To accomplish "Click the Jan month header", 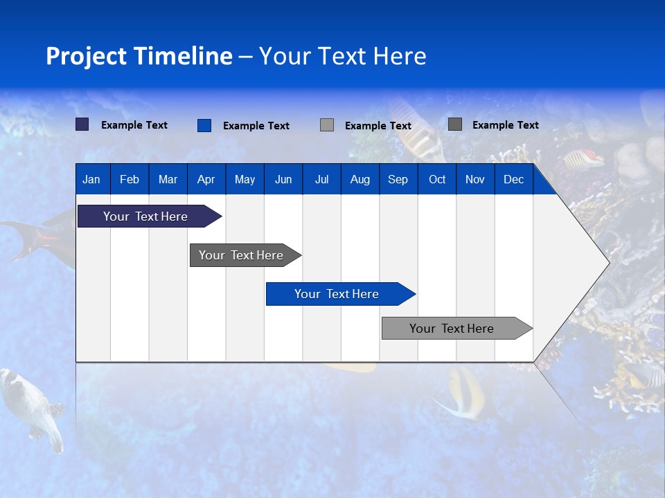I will tap(91, 180).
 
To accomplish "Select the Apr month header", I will tap(206, 180).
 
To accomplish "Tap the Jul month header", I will tap(321, 180).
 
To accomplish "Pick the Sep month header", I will tap(398, 180).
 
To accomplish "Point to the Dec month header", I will tap(513, 180).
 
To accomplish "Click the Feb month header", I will tap(130, 180).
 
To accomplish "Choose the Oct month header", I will tap(437, 180).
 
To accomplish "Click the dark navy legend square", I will tap(82, 124).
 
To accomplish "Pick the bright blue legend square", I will tap(204, 125).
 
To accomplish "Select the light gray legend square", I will tap(327, 125).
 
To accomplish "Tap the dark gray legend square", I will tap(455, 124).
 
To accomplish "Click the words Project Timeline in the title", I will tap(139, 56).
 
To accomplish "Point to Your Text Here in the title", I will tap(343, 56).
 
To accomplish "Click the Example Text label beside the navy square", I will tap(134, 125).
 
